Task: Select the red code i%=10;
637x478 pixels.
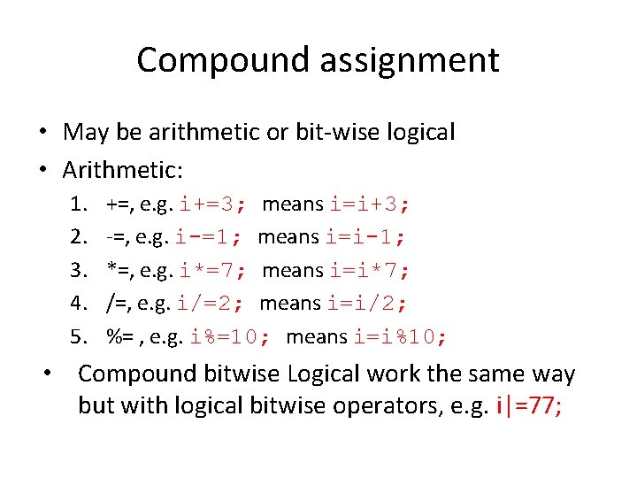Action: [231, 336]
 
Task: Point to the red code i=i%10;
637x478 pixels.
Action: [401, 336]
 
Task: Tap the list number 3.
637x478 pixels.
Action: [78, 270]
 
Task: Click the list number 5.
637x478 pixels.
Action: [78, 336]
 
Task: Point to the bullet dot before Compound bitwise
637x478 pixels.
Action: [53, 373]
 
